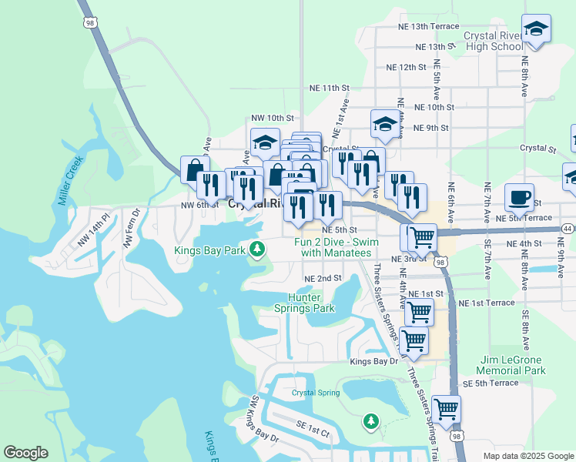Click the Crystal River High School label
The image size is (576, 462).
coord(494,41)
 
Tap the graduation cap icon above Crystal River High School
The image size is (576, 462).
coord(536,29)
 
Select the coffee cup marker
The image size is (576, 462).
coord(520,197)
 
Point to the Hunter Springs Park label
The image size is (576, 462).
coord(311,303)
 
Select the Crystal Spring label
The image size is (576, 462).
coord(316,393)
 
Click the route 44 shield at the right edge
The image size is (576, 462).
coord(567,229)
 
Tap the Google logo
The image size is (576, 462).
coord(26,453)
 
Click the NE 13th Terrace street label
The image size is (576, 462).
coord(428,26)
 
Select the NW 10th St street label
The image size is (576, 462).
coord(273,118)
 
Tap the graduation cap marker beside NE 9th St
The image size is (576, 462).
coord(385,124)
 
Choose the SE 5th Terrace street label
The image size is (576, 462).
coord(491,383)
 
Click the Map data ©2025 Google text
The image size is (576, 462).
coord(528,456)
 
